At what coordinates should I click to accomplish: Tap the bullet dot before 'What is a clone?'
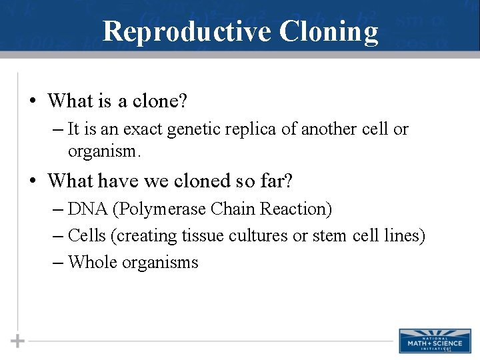[32, 101]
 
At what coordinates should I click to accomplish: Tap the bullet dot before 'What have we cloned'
[32, 181]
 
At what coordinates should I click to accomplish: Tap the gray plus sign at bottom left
[18, 341]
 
